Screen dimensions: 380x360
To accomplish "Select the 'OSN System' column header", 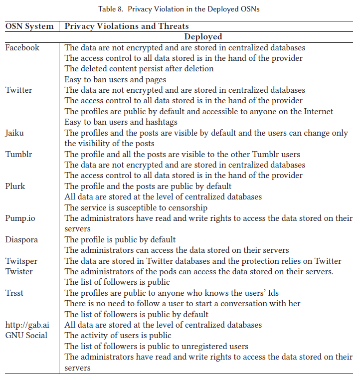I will click(x=29, y=26).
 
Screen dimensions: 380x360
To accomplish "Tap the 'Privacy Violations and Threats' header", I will click(x=127, y=26).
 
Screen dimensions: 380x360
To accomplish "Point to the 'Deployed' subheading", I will click(x=203, y=36).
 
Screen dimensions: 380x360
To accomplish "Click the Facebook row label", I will click(x=22, y=48).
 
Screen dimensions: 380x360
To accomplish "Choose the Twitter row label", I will click(x=18, y=90).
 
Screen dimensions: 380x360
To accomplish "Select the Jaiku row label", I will click(x=14, y=133).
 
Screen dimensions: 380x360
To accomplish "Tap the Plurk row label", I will click(x=15, y=186).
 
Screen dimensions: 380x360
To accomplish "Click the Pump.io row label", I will click(x=19, y=218).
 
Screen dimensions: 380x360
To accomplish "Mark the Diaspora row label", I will click(x=21, y=240).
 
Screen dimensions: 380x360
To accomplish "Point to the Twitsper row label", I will click(x=21, y=261).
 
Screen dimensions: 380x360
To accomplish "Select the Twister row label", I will click(x=19, y=272).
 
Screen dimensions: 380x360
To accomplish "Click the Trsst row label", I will click(x=14, y=293).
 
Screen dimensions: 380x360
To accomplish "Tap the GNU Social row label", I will click(x=26, y=336).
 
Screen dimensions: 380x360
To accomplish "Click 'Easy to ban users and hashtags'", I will click(x=121, y=122).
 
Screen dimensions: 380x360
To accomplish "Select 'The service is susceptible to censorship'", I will click(x=136, y=207).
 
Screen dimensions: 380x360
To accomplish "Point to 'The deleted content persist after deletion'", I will click(x=139, y=69).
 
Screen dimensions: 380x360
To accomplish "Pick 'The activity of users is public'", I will click(x=118, y=336).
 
